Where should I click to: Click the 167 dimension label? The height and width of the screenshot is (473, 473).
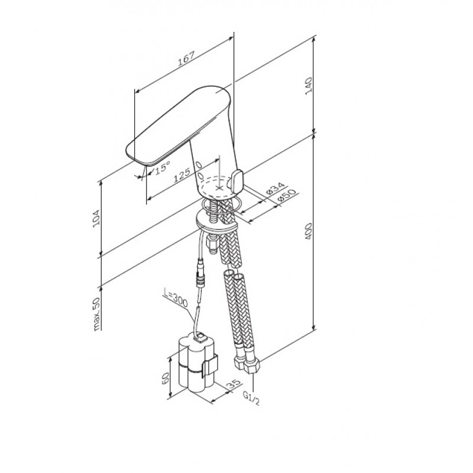point(186,59)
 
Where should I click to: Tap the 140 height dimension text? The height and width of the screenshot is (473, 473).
point(309,86)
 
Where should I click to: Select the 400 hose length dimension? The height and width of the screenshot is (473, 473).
point(309,232)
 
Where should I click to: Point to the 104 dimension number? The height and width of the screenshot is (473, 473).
point(96,219)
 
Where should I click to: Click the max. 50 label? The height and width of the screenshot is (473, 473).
point(96,314)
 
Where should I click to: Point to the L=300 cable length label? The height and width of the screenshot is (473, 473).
point(176,299)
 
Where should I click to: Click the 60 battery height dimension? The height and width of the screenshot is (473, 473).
point(166,378)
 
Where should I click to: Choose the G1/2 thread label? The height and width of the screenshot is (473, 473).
point(251,398)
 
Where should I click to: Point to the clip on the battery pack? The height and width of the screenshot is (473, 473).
point(210,365)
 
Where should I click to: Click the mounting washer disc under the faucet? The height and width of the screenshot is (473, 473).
point(216,221)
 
